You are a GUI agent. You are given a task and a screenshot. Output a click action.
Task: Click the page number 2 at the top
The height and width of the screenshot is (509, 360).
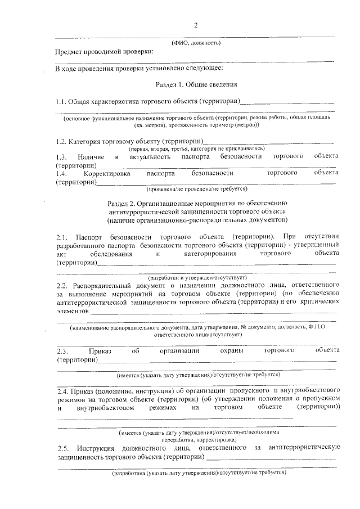click(x=196, y=25)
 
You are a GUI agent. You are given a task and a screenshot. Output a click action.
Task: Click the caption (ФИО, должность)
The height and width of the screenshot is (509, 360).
click(x=196, y=43)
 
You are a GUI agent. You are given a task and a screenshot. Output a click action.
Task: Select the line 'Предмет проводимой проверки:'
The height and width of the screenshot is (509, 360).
click(x=104, y=52)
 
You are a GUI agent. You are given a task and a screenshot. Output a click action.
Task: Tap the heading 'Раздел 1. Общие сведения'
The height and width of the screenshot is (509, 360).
click(x=195, y=85)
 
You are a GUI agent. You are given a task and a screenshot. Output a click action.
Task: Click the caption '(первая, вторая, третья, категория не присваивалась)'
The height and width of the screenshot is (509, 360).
click(x=196, y=148)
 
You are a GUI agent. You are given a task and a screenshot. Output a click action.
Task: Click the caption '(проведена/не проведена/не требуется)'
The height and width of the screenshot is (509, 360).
click(x=195, y=190)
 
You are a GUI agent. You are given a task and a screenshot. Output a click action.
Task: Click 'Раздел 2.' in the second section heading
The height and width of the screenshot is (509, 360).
click(x=121, y=202)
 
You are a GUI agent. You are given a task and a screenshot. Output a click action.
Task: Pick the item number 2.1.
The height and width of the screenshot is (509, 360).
click(x=62, y=237)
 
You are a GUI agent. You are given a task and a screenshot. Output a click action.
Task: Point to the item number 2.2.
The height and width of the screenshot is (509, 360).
click(x=62, y=285)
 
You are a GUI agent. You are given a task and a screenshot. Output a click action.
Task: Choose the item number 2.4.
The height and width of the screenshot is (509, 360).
click(x=63, y=390)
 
